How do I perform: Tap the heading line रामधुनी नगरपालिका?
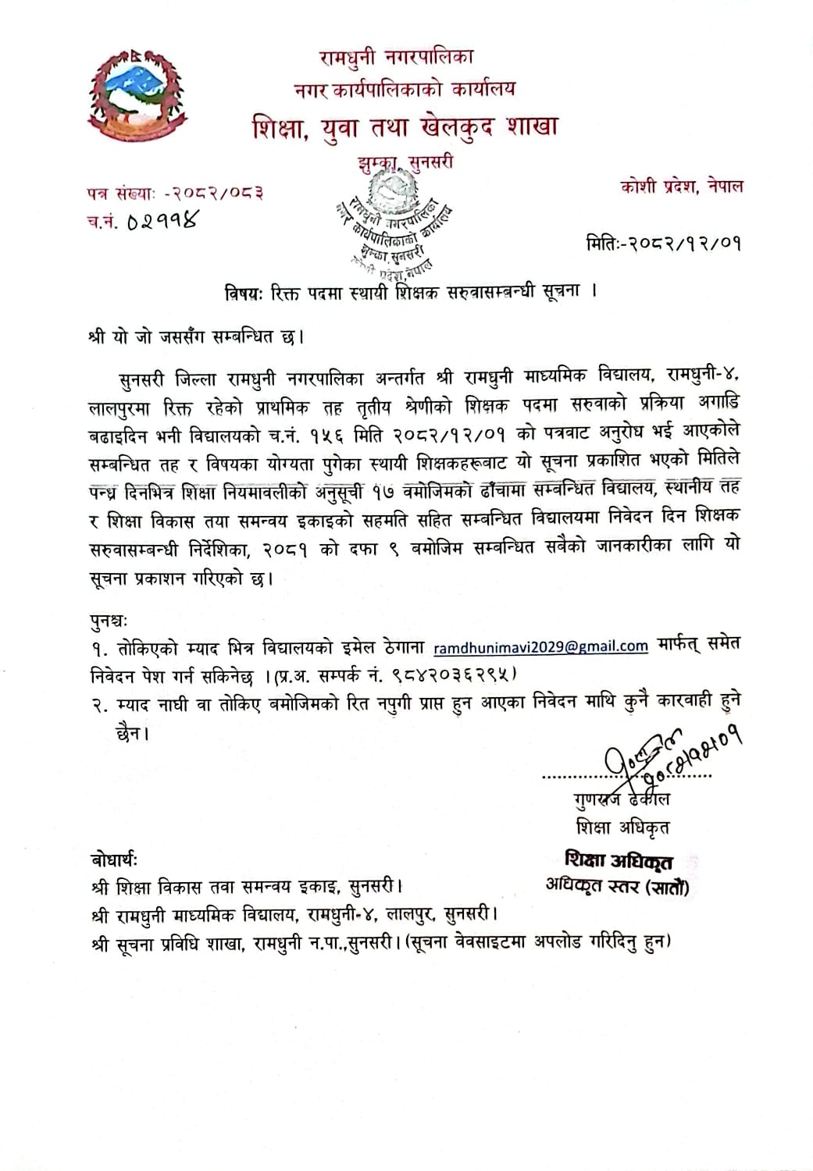396,56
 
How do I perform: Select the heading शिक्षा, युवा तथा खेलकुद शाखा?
405,126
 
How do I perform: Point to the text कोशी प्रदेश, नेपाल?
682,187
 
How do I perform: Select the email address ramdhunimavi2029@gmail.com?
540,646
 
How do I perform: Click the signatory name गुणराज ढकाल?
621,799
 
